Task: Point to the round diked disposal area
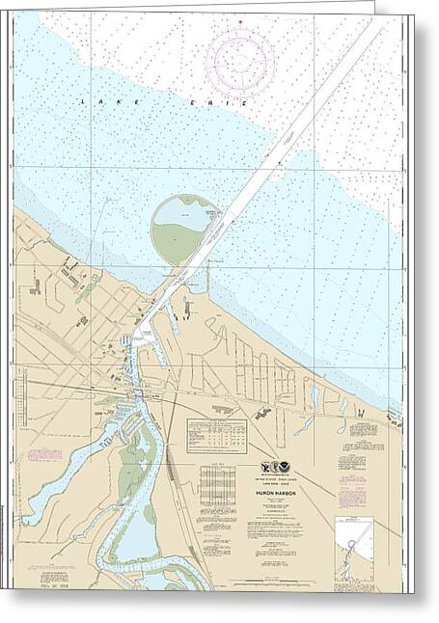(x=184, y=230)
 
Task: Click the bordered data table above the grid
(x=216, y=435)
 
